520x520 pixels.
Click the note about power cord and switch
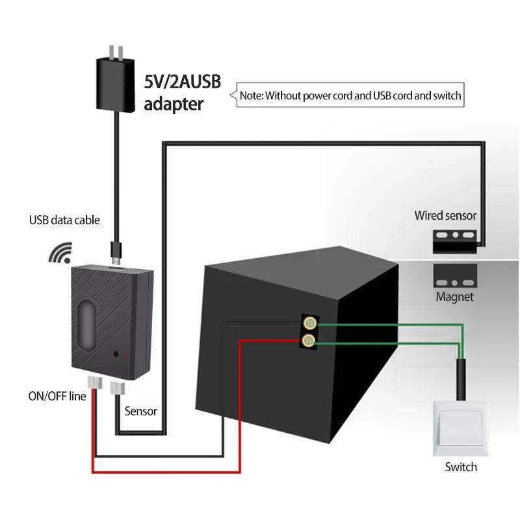pyautogui.click(x=350, y=95)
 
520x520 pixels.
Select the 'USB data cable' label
pyautogui.click(x=64, y=220)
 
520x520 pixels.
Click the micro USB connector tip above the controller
pyautogui.click(x=115, y=250)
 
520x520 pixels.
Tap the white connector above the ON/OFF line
pyautogui.click(x=92, y=386)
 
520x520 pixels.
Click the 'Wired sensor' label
pyautogui.click(x=445, y=215)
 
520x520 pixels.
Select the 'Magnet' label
pyautogui.click(x=454, y=298)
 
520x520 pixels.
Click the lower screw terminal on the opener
pyautogui.click(x=310, y=340)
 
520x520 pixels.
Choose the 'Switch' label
pyautogui.click(x=461, y=467)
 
